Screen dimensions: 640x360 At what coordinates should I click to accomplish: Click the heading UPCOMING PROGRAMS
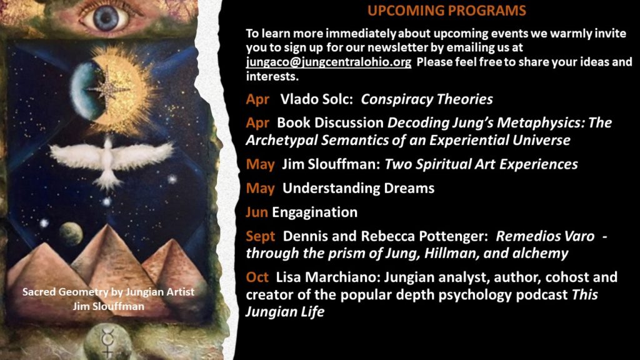pos(446,10)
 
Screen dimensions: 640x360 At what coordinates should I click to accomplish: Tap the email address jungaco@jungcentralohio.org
pos(329,62)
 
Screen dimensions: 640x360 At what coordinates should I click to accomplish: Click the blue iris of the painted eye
pos(105,18)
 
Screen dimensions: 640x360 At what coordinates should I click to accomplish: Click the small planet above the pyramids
pos(71,234)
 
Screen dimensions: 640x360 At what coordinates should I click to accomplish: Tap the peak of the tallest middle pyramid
pos(107,224)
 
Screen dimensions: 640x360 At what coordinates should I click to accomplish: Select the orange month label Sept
pos(261,236)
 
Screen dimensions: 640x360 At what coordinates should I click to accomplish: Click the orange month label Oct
pos(257,277)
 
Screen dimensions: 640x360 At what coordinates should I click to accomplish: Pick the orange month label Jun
pos(257,212)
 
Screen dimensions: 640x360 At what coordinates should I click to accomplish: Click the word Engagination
pos(315,212)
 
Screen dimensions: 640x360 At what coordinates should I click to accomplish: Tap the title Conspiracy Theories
pos(426,99)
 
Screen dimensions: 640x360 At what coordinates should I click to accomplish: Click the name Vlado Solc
pos(316,99)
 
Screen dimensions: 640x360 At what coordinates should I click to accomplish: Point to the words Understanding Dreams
pos(358,189)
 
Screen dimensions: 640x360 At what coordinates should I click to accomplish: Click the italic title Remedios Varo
pos(545,236)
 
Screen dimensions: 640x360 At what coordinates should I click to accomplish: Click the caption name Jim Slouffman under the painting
pos(109,306)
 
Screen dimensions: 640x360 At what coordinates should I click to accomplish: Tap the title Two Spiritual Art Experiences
pos(481,164)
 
